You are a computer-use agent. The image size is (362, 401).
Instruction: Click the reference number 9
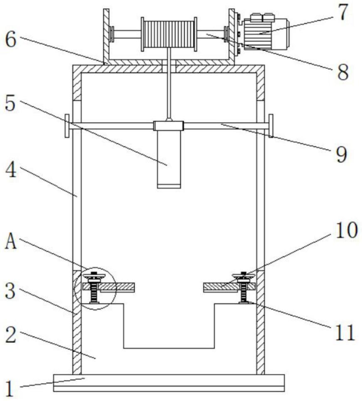pyautogui.click(x=341, y=154)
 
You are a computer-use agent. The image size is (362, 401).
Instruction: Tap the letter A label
pyautogui.click(x=11, y=242)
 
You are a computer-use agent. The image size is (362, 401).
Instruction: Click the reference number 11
pyautogui.click(x=345, y=332)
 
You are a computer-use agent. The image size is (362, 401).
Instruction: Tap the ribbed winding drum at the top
pyautogui.click(x=168, y=34)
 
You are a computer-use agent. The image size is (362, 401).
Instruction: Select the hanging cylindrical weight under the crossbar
pyautogui.click(x=169, y=158)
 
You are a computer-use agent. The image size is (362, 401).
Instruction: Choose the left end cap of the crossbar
pyautogui.click(x=66, y=125)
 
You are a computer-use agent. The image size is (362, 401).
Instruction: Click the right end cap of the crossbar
pyautogui.click(x=271, y=125)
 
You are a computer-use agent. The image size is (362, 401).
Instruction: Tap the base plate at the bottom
pyautogui.click(x=169, y=382)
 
